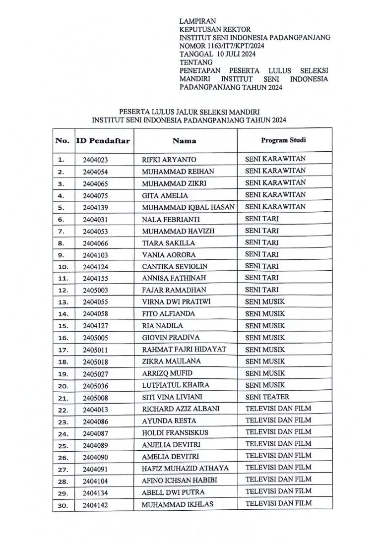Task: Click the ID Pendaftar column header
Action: point(103,141)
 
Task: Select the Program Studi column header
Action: point(283,140)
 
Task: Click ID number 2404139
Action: point(96,207)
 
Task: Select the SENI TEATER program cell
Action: point(267,397)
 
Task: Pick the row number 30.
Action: point(63,505)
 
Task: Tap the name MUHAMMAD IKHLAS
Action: point(174,505)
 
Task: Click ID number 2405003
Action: point(96,290)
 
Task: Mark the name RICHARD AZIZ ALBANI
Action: point(181,409)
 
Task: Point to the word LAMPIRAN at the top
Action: point(198,21)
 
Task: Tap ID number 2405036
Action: point(96,386)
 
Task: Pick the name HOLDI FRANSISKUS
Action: point(175,433)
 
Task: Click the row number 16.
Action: point(63,338)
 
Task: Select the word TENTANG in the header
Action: point(195,63)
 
